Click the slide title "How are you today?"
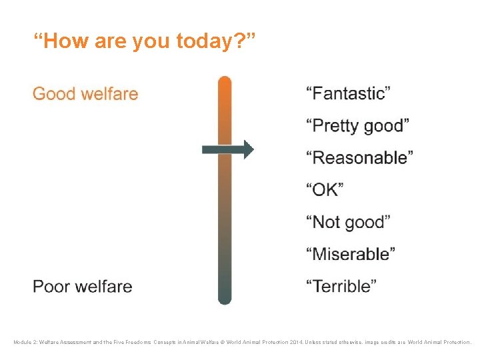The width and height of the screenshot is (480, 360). coord(144,42)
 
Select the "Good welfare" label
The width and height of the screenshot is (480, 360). coord(85,93)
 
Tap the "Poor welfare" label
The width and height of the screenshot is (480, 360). coord(83,287)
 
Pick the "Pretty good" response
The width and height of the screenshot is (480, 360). coord(357,125)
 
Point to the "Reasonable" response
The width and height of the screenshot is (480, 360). coord(359,158)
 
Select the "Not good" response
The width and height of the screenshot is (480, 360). coord(348,221)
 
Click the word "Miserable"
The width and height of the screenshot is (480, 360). coord(351,254)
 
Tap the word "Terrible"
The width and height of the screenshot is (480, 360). coord(341,287)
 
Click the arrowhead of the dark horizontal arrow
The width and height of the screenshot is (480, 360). coord(248,149)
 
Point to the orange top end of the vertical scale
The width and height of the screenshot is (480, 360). coord(225,83)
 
